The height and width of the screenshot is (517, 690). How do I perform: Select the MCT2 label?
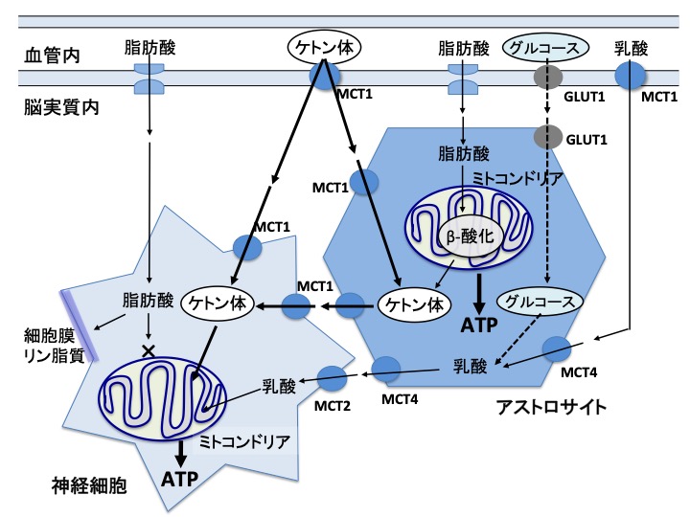click(333, 403)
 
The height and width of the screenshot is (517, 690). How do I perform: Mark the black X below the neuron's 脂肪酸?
click(149, 350)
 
